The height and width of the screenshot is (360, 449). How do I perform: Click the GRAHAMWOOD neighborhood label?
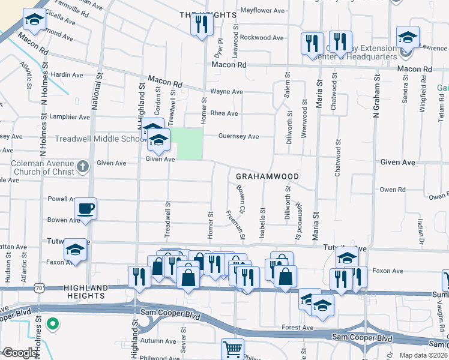[267, 177]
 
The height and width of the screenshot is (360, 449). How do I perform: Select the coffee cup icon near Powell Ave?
[85, 209]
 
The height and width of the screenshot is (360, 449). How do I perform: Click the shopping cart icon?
[232, 349]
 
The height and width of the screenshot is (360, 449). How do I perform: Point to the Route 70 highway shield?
[40, 288]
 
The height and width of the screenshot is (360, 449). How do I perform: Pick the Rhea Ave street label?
[224, 113]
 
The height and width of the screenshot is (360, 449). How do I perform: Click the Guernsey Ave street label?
[238, 136]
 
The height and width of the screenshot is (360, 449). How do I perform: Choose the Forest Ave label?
[298, 328]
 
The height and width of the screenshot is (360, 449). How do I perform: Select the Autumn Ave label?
[154, 340]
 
